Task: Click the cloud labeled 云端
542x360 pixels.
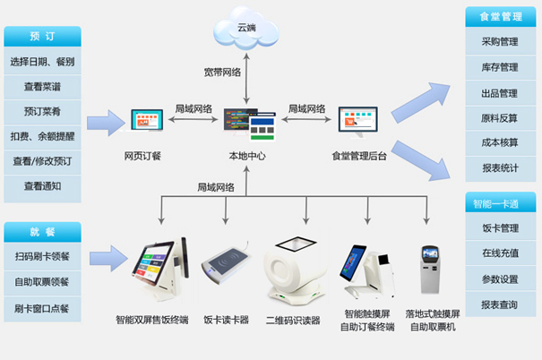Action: (x=246, y=29)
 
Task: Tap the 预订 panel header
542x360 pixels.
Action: (x=42, y=36)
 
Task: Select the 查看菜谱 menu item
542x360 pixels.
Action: (x=42, y=87)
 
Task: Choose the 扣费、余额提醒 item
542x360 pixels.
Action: (x=42, y=136)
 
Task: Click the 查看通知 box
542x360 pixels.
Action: (x=42, y=187)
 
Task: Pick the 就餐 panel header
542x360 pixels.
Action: (x=42, y=232)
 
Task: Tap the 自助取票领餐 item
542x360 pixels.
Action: (x=42, y=282)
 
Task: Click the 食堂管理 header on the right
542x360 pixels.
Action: (x=501, y=17)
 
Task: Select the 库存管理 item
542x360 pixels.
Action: (x=501, y=67)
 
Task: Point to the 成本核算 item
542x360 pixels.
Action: (x=501, y=142)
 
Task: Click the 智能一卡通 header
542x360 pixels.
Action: (x=501, y=203)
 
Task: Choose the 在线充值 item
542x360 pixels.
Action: (x=501, y=253)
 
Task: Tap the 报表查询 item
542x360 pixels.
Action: (x=501, y=304)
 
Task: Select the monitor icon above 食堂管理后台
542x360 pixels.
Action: (x=357, y=121)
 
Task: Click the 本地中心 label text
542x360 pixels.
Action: (x=247, y=156)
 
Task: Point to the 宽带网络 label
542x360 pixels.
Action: (x=222, y=73)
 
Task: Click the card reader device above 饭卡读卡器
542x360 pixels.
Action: (x=226, y=264)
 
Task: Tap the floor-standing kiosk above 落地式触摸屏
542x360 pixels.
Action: (x=430, y=270)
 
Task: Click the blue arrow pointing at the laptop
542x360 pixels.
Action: (x=106, y=123)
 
